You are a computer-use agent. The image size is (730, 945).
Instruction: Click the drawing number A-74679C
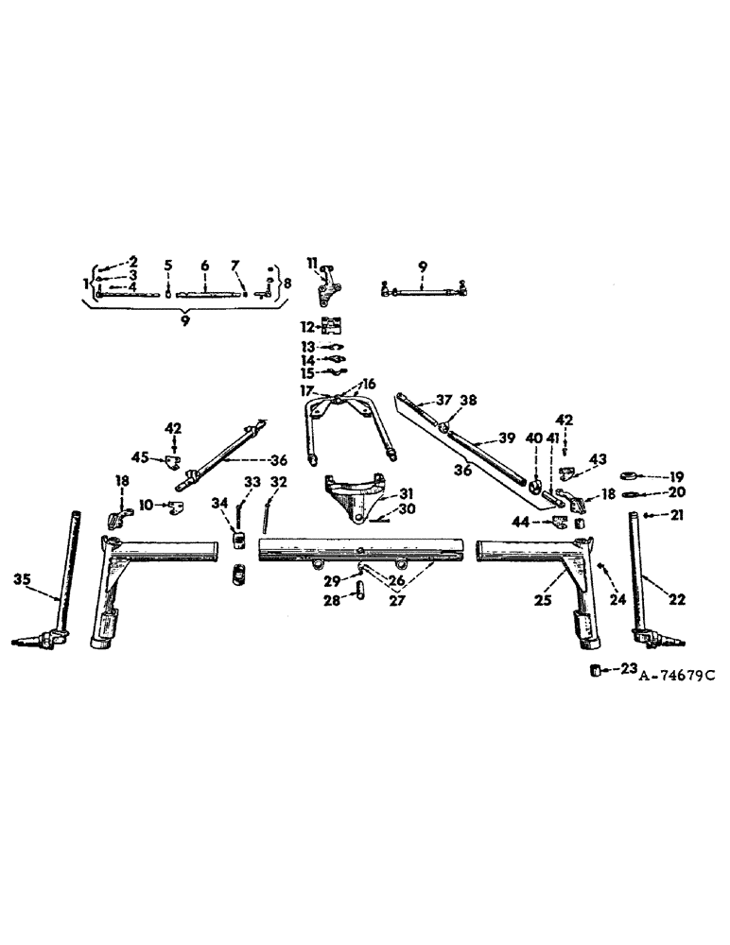(677, 676)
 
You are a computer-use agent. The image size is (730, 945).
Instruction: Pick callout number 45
(141, 458)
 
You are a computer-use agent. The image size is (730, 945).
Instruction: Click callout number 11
(310, 263)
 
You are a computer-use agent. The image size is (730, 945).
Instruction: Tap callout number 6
(204, 266)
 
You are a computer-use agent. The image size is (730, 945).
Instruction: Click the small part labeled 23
(597, 671)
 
